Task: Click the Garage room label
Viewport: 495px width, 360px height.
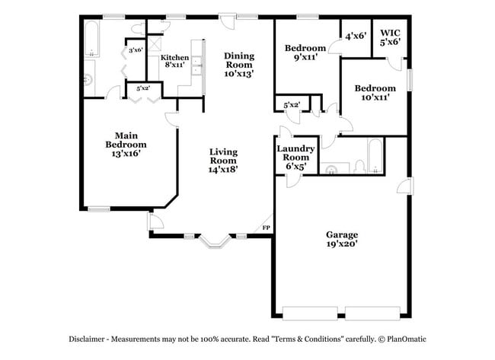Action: tap(342, 239)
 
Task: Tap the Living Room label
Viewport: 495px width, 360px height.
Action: tap(224, 161)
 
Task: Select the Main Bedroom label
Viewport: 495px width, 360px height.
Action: tap(126, 144)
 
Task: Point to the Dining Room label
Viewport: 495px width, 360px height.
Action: tap(238, 65)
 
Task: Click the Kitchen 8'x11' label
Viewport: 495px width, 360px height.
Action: tap(174, 62)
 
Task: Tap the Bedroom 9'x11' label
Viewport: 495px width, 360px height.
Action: tap(305, 52)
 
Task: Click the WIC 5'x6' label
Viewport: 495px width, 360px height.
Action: tap(390, 37)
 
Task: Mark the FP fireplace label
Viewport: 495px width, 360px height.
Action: tap(266, 228)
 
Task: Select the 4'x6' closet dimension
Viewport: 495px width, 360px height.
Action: tap(356, 35)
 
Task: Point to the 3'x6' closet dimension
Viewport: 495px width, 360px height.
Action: tap(136, 51)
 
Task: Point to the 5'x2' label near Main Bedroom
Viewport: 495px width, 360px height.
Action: tap(142, 88)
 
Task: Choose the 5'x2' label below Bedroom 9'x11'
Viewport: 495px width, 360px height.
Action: tap(291, 104)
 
